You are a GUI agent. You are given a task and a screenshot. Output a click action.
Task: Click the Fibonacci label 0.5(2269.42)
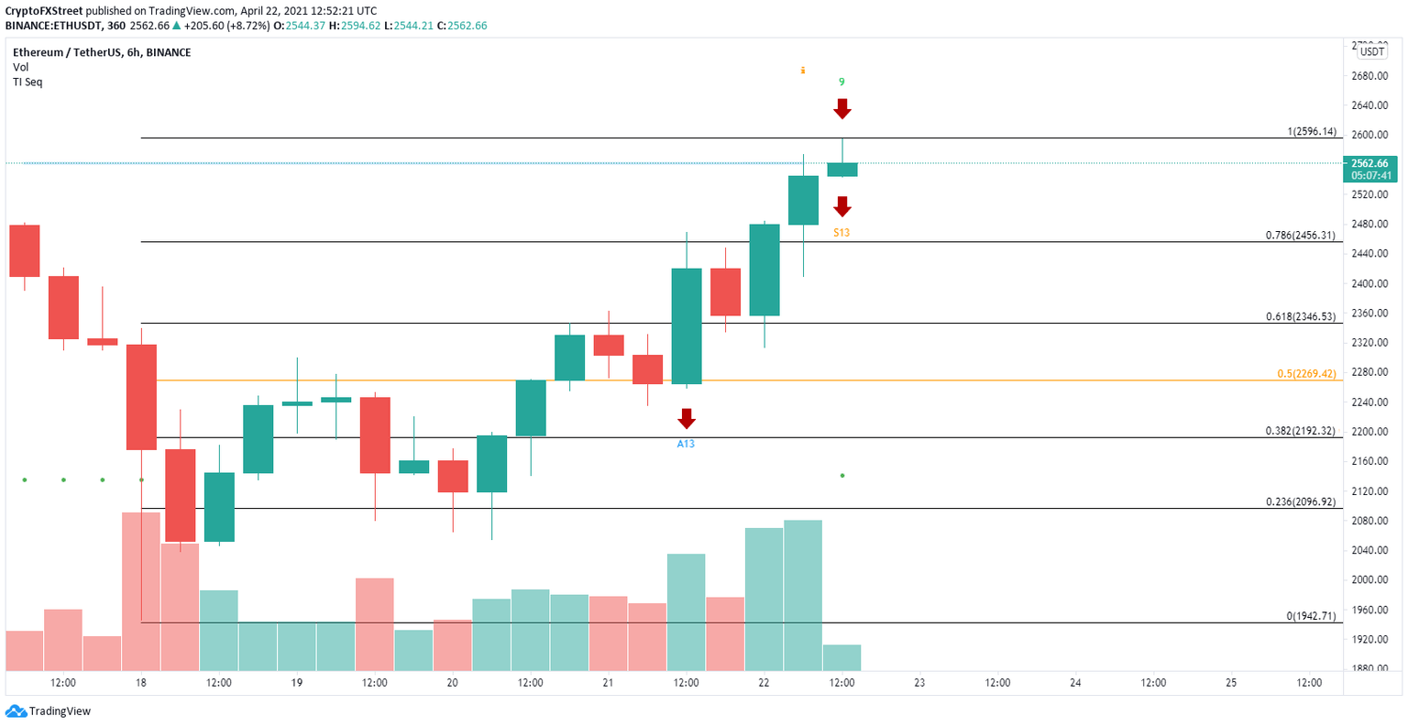point(1305,374)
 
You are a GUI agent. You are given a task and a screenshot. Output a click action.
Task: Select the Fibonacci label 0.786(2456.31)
point(1301,236)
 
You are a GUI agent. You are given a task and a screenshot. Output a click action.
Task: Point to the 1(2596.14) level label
point(1311,132)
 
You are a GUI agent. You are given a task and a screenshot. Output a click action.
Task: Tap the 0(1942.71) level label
point(1311,616)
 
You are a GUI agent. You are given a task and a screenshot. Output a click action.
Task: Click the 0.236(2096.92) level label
point(1301,502)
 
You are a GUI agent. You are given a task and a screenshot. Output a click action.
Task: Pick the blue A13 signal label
point(686,444)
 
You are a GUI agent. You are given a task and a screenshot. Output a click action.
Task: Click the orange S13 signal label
point(841,233)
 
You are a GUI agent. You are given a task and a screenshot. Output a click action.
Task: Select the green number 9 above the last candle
point(841,82)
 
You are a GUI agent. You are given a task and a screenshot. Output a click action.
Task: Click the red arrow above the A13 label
point(686,420)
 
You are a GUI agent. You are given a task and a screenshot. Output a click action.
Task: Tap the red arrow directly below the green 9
point(841,109)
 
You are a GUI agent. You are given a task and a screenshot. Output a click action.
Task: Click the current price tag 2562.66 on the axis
point(1370,163)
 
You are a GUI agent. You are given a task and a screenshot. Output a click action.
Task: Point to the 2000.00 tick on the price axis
point(1369,580)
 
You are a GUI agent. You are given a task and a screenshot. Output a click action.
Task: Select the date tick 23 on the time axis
point(919,683)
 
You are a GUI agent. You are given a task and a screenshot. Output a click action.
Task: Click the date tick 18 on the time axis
point(141,683)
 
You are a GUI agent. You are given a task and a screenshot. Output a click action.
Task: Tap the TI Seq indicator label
point(27,83)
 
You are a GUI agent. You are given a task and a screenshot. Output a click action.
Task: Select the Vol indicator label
point(20,68)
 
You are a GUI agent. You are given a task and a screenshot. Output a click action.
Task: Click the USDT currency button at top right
point(1371,52)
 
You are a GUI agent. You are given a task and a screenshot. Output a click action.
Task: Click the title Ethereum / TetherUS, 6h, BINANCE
point(102,53)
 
